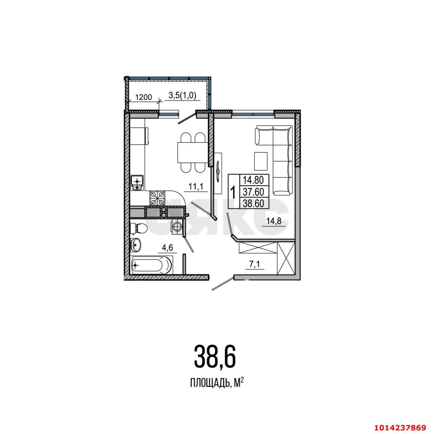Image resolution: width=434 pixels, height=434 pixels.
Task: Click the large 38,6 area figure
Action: [x=215, y=356]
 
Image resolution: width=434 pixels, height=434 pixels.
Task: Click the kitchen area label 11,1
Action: [x=195, y=186]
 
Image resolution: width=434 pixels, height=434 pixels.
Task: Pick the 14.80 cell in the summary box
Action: [x=254, y=179]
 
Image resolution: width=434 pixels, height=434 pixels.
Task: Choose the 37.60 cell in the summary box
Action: [x=254, y=192]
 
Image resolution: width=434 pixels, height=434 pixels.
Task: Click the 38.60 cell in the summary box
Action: [x=254, y=203]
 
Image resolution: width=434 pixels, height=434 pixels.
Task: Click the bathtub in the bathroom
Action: [x=152, y=264]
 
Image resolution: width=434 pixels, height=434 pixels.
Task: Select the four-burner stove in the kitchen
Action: [x=157, y=198]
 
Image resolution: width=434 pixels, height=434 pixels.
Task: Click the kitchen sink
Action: [x=137, y=183]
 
